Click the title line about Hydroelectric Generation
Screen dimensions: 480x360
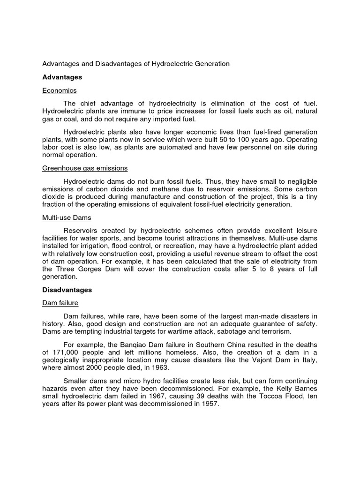[x=136, y=64]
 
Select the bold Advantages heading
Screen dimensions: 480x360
[x=62, y=77]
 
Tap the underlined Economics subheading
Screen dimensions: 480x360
[x=59, y=90]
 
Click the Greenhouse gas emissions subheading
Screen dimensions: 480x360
[x=85, y=168]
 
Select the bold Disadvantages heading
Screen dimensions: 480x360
[x=67, y=290]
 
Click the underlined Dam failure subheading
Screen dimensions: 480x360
[x=60, y=303]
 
